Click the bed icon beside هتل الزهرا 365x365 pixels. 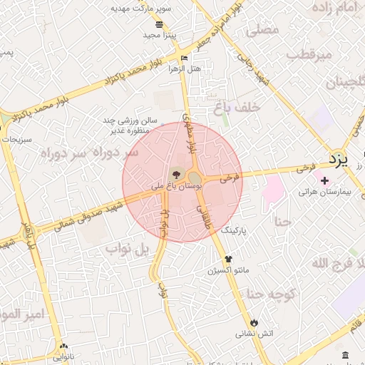point(184,57)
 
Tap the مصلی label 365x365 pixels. point(262,31)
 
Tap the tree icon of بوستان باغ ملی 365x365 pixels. point(175,173)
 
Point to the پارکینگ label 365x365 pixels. point(238,232)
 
